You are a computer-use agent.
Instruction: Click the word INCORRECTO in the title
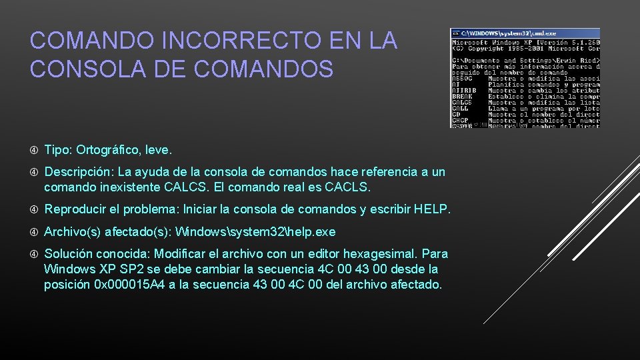click(x=225, y=41)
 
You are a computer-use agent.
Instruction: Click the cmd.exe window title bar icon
click(x=455, y=33)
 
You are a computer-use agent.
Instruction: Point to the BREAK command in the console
click(x=462, y=96)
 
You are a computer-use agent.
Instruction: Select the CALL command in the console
click(x=460, y=109)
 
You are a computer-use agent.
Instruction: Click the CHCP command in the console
click(x=460, y=120)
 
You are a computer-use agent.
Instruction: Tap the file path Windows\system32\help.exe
click(x=255, y=232)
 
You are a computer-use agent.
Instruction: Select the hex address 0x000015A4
click(x=124, y=285)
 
